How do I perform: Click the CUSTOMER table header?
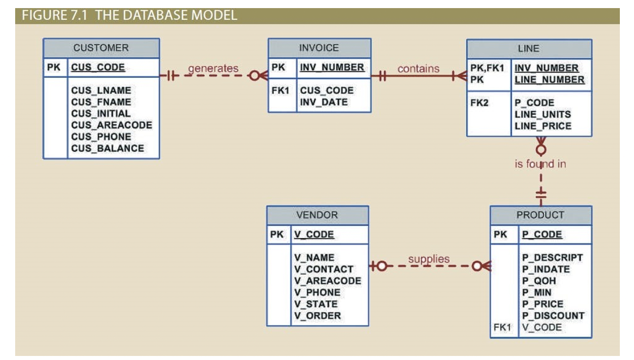tap(101, 48)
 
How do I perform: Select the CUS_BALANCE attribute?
tap(107, 148)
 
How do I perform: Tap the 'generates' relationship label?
tap(213, 68)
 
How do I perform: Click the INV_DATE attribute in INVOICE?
tap(324, 102)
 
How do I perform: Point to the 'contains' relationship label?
tap(418, 68)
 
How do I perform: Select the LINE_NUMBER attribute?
tap(549, 79)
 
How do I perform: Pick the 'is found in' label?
tap(540, 164)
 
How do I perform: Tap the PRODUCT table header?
tap(540, 215)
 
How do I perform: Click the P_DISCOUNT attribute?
tap(553, 316)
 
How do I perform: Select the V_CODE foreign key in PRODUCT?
tap(541, 327)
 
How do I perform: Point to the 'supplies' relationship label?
tap(429, 259)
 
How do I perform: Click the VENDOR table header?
tap(317, 215)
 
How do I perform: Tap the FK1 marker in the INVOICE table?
tap(280, 91)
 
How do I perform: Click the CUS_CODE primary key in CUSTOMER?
tap(98, 68)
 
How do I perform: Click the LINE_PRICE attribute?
tap(542, 126)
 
